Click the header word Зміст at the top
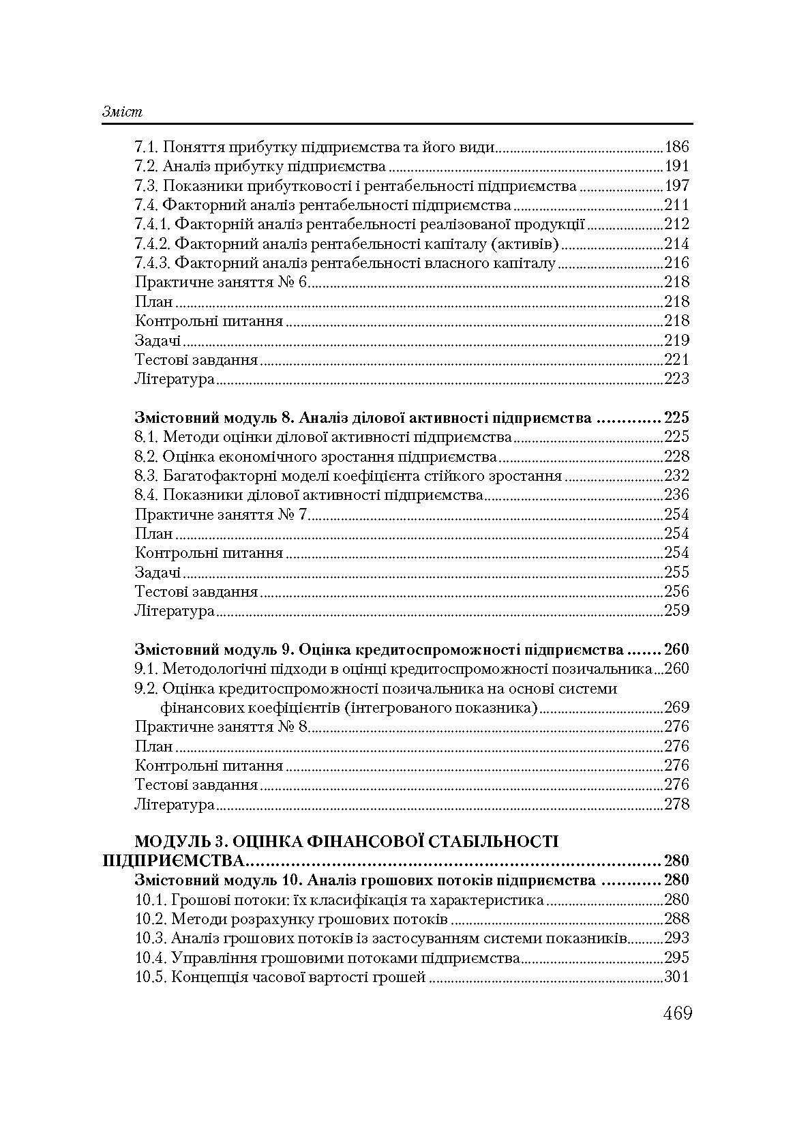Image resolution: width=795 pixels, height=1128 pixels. pos(122,112)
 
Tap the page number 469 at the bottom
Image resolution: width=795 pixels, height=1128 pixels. pos(677,1013)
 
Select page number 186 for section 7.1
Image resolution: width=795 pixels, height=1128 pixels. pos(676,147)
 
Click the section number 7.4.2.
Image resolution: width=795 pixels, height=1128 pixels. pos(152,243)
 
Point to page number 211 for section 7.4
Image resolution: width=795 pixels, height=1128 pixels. pos(676,205)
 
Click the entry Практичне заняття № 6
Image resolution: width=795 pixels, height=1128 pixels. pos(222,282)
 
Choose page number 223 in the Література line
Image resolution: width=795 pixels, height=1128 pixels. pos(676,379)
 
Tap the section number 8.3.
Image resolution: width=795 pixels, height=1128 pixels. pos(146,475)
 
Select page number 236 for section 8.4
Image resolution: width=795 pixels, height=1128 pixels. pos(676,494)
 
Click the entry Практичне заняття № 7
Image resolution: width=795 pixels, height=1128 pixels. pos(222,514)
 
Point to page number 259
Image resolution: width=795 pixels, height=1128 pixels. pos(676,610)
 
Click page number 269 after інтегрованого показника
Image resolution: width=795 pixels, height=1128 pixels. pos(676,707)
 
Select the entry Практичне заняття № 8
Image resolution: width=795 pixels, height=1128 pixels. pos(222,727)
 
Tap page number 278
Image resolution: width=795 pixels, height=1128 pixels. pos(676,804)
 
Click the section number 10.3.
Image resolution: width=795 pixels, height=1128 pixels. pos(150,938)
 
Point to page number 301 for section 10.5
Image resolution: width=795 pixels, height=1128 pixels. pos(676,977)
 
